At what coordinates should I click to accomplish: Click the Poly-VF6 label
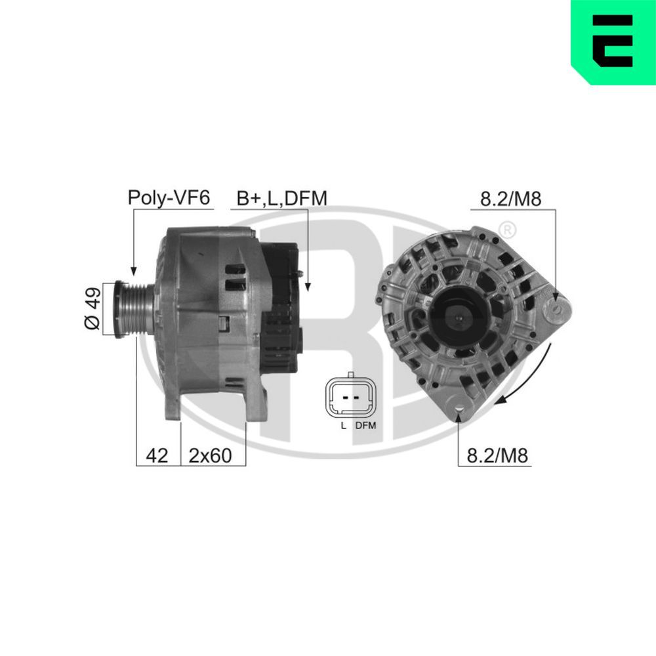(x=169, y=197)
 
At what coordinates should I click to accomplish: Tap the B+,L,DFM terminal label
(x=281, y=198)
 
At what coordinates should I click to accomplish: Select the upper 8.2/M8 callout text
(x=510, y=199)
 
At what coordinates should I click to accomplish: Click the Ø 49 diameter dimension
(x=93, y=308)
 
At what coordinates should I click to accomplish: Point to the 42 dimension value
(x=157, y=455)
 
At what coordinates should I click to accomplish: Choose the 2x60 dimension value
(x=210, y=455)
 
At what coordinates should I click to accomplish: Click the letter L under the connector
(x=343, y=425)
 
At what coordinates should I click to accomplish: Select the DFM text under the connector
(x=366, y=425)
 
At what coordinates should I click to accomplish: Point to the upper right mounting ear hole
(x=556, y=306)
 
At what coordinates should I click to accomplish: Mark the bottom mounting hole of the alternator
(x=459, y=412)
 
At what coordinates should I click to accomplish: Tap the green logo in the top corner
(x=613, y=41)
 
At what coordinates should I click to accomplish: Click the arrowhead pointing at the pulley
(x=133, y=270)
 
